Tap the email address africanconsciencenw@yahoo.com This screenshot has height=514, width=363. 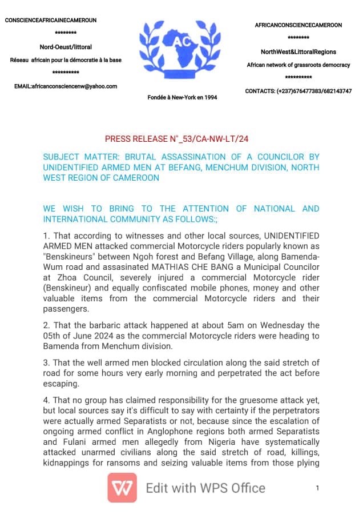click(x=66, y=86)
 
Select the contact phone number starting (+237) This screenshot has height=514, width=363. click(x=299, y=91)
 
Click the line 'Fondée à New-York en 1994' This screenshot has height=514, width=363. click(x=182, y=97)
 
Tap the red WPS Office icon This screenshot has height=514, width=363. click(x=122, y=488)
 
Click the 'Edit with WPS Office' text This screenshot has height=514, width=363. click(x=205, y=488)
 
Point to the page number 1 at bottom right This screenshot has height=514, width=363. click(x=317, y=488)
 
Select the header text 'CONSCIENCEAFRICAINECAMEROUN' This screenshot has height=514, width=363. click(x=51, y=20)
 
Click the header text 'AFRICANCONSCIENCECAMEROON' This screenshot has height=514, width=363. click(x=299, y=26)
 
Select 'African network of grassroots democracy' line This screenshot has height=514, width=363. click(x=299, y=65)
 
